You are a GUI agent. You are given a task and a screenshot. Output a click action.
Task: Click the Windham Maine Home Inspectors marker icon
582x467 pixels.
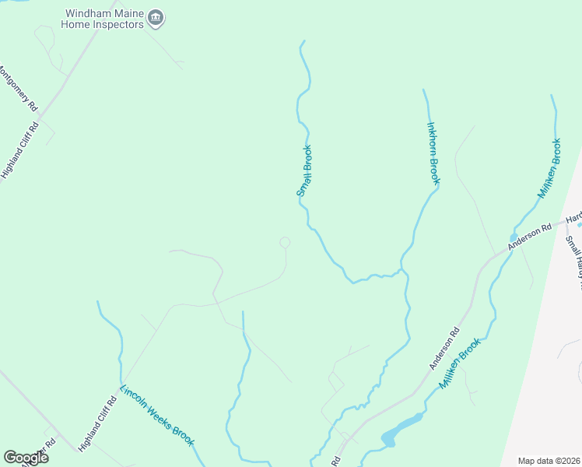[156, 18]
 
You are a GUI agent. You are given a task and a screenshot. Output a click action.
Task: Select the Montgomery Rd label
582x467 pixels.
[17, 86]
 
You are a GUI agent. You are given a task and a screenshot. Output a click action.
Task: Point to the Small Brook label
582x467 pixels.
[304, 170]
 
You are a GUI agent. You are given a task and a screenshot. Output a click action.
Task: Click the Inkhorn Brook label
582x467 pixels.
[433, 153]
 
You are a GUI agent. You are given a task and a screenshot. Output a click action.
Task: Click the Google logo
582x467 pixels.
[26, 458]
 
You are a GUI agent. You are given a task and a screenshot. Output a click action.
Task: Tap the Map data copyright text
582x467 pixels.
[549, 461]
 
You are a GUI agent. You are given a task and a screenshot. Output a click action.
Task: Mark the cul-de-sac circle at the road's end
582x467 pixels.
[285, 243]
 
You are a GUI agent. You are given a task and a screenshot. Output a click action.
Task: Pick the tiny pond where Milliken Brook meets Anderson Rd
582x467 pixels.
[514, 237]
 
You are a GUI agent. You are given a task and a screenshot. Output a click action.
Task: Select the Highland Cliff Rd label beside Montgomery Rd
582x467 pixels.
[19, 150]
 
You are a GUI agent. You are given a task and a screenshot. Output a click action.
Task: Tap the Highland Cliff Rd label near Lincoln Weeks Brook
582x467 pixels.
[97, 423]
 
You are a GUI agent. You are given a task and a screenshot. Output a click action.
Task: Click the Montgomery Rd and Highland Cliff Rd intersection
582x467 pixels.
[39, 118]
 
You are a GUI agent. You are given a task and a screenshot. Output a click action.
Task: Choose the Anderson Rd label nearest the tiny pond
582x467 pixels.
[530, 237]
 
